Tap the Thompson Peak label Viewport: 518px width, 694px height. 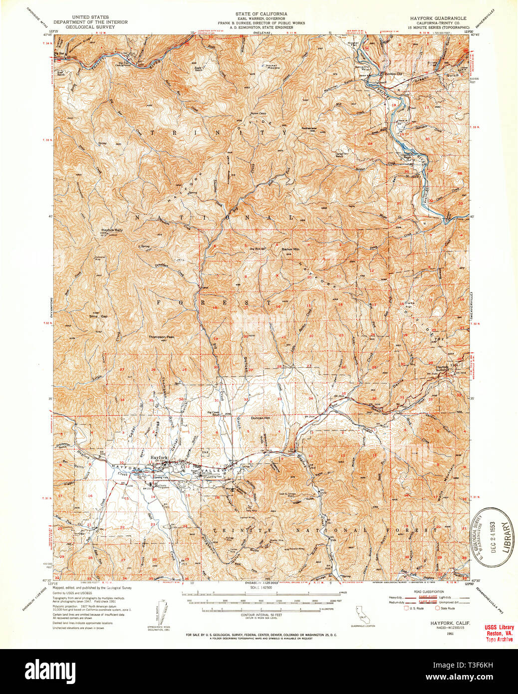point(161,337)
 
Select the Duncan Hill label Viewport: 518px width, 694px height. point(259,417)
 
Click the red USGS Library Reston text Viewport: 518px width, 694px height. point(499,632)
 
